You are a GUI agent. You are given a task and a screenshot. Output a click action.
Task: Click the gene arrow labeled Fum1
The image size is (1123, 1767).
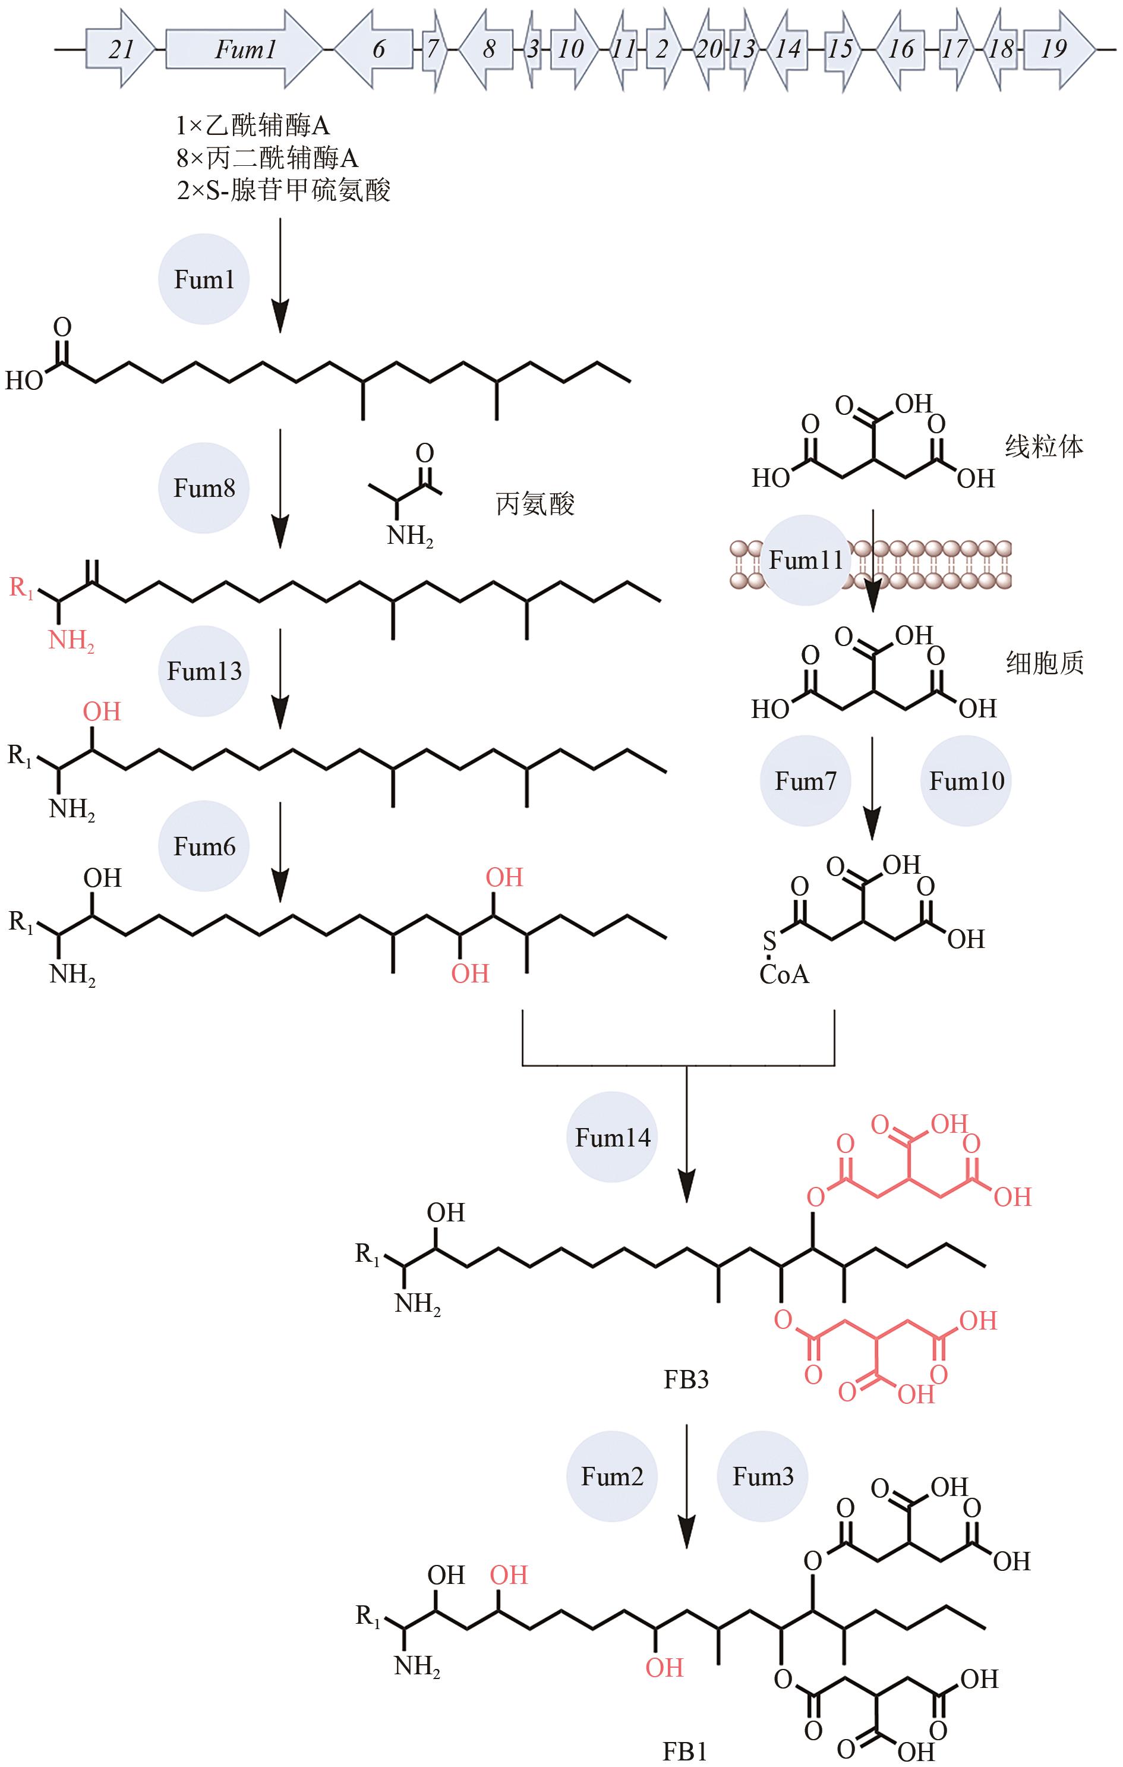pyautogui.click(x=244, y=49)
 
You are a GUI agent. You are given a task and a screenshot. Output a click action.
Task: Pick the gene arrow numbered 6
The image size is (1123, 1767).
pyautogui.click(x=376, y=49)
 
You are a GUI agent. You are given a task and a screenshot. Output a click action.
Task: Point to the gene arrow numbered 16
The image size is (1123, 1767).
pyautogui.click(x=900, y=49)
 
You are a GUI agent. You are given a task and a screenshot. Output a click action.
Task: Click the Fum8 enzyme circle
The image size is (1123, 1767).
pyautogui.click(x=204, y=488)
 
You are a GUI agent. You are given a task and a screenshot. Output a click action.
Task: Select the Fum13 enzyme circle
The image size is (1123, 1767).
pyautogui.click(x=204, y=670)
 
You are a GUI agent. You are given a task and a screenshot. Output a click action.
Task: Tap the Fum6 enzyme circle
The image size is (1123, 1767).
pyautogui.click(x=204, y=846)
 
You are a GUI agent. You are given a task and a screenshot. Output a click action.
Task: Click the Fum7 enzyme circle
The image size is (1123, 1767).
pyautogui.click(x=805, y=781)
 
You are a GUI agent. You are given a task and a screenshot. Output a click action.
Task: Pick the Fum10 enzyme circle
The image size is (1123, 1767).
pyautogui.click(x=966, y=781)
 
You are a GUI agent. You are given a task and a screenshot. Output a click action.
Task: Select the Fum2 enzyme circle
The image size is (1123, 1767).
pyautogui.click(x=613, y=1476)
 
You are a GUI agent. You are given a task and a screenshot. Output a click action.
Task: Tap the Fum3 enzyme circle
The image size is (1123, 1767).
pyautogui.click(x=763, y=1476)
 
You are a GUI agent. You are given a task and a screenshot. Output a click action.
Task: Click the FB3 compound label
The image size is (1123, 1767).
pyautogui.click(x=686, y=1380)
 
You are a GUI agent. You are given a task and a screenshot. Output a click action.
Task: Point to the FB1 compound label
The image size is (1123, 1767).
pyautogui.click(x=684, y=1752)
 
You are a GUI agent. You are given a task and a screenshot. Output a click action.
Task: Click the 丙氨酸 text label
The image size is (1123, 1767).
pyautogui.click(x=535, y=504)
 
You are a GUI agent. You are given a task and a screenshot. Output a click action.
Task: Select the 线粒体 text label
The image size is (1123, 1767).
pyautogui.click(x=1044, y=446)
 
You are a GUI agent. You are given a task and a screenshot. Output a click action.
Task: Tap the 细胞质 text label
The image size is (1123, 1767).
pyautogui.click(x=1044, y=663)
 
